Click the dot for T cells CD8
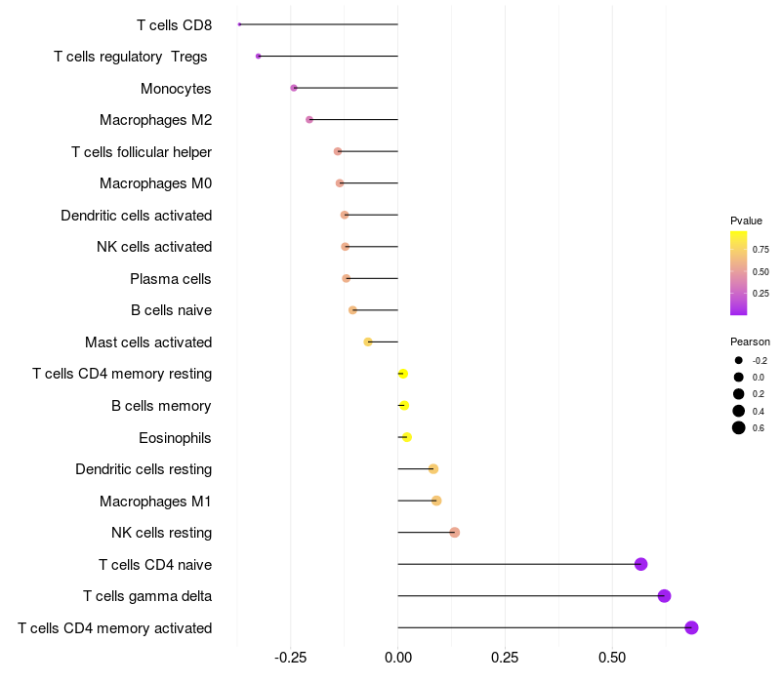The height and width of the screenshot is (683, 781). (x=239, y=24)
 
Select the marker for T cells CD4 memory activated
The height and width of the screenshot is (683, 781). (x=691, y=627)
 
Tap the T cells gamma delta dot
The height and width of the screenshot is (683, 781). (x=664, y=596)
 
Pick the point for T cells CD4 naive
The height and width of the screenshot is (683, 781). (x=640, y=564)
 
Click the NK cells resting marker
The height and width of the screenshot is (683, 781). (x=454, y=532)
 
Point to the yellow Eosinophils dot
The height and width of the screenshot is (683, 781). (x=406, y=437)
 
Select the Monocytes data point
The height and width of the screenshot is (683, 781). (x=294, y=88)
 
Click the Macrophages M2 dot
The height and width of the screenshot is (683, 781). (x=309, y=120)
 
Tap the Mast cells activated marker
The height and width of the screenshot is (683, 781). (x=368, y=341)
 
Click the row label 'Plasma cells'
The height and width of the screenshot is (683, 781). (x=170, y=279)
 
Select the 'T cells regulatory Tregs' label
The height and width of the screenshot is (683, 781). (x=131, y=57)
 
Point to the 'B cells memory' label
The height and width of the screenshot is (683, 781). (x=161, y=406)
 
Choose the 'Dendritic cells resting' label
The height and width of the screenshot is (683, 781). (x=144, y=469)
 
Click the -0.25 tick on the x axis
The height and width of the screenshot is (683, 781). (x=291, y=659)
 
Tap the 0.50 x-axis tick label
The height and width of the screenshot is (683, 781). (x=611, y=659)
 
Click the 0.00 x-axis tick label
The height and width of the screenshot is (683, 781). (x=397, y=659)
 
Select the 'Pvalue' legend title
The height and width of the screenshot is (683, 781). (x=746, y=221)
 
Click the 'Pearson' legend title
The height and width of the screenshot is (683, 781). (x=750, y=341)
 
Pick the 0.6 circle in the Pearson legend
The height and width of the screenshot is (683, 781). (x=739, y=427)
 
